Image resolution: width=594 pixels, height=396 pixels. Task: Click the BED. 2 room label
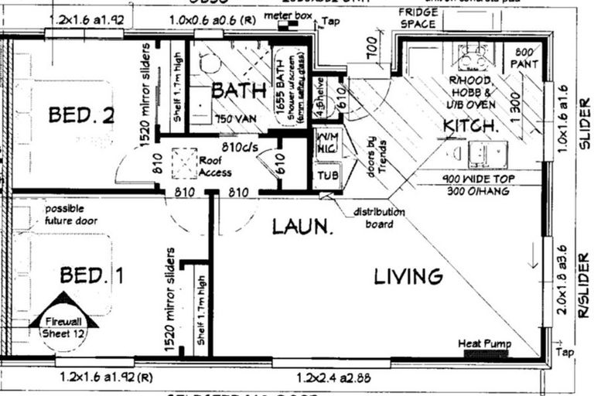81,115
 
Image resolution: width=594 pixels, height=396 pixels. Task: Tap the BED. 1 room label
92,274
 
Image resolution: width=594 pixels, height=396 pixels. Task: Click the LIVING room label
408,276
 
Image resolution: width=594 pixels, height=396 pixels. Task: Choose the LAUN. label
302,227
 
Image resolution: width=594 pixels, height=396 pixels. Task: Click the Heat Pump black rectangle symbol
486,354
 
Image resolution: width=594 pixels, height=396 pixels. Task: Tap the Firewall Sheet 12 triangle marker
64,317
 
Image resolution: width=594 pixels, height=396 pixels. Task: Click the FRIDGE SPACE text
418,18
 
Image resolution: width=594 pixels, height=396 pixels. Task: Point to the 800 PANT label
527,58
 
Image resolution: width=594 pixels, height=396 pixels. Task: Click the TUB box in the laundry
327,176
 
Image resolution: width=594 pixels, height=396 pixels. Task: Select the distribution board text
379,217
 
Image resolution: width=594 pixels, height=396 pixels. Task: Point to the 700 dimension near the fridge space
373,52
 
